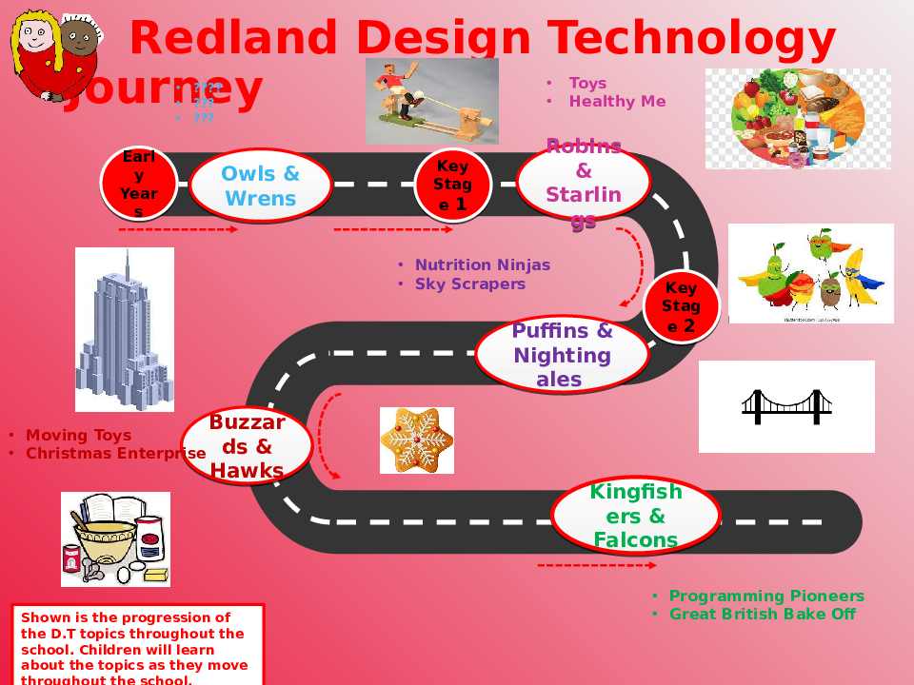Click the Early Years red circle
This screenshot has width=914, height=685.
click(x=139, y=184)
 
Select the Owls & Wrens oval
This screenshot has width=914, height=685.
click(x=260, y=186)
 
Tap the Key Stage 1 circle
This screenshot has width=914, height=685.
click(x=452, y=185)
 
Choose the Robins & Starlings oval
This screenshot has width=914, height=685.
click(x=583, y=182)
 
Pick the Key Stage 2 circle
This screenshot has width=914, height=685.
click(x=681, y=306)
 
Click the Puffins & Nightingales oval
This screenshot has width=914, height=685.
click(x=562, y=355)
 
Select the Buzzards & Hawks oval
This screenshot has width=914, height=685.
click(x=247, y=445)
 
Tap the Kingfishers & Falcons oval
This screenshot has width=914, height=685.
click(x=636, y=516)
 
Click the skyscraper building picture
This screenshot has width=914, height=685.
click(x=125, y=329)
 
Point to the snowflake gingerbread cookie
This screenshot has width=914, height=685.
click(x=417, y=440)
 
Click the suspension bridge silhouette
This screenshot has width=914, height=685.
click(x=786, y=406)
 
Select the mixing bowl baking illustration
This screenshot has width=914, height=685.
click(x=115, y=538)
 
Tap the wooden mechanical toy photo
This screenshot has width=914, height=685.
click(x=432, y=101)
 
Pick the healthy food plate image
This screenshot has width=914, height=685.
click(x=798, y=119)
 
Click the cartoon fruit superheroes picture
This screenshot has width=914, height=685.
click(x=811, y=273)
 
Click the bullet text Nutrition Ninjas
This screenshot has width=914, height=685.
click(x=482, y=265)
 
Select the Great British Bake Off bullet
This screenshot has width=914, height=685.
click(x=762, y=615)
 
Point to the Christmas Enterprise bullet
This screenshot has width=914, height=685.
click(x=115, y=454)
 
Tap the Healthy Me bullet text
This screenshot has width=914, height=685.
click(x=617, y=102)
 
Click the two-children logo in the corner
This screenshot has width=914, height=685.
click(x=55, y=55)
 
